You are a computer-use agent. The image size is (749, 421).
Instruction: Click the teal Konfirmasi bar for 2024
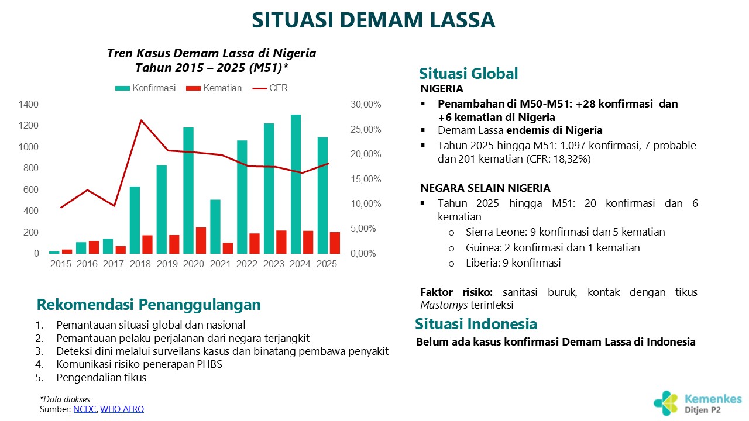(x=296, y=184)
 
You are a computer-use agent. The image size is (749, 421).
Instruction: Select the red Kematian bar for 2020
(x=201, y=240)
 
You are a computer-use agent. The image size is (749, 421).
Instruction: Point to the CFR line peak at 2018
(x=141, y=120)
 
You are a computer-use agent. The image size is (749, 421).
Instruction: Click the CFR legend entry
(x=270, y=88)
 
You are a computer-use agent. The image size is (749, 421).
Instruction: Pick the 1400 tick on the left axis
(x=28, y=104)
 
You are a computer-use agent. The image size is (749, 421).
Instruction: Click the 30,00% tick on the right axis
(x=366, y=105)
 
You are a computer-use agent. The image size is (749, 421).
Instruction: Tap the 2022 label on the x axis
(x=247, y=264)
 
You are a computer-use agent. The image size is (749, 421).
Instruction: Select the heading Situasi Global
(x=468, y=74)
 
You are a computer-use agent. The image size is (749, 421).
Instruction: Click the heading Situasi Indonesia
(x=476, y=324)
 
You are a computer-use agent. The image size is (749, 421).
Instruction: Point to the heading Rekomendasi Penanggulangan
(x=149, y=305)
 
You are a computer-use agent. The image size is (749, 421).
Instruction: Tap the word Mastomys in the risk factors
(x=439, y=305)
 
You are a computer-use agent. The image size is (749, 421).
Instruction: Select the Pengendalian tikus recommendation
(x=101, y=378)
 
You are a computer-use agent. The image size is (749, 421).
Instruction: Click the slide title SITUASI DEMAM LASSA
(x=373, y=20)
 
